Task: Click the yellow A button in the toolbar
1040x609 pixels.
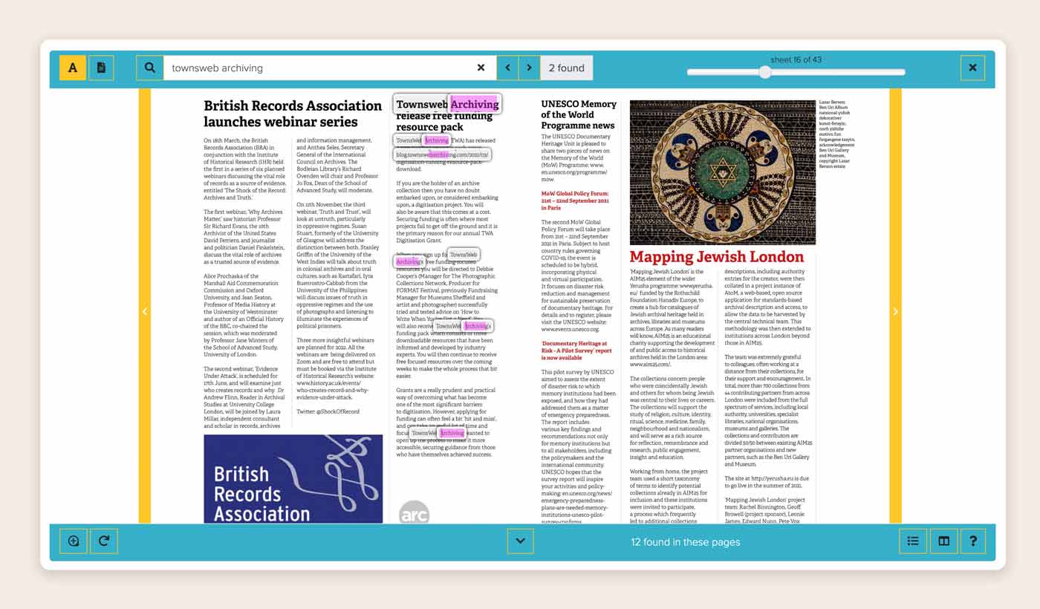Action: [x=73, y=68]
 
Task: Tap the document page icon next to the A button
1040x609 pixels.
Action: [x=101, y=68]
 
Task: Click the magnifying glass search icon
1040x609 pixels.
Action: [x=149, y=68]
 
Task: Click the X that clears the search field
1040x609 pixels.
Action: [x=481, y=68]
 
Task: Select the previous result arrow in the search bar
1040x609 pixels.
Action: [x=507, y=68]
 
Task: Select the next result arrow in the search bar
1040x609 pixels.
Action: [x=529, y=68]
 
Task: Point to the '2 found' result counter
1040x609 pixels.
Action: [x=567, y=68]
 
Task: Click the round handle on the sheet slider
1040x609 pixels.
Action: [x=765, y=72]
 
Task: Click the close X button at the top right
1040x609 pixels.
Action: [x=972, y=68]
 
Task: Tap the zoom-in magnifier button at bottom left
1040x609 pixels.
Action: [x=74, y=541]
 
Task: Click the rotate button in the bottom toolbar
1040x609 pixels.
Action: [x=104, y=541]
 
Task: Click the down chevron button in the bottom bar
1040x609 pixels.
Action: [x=520, y=541]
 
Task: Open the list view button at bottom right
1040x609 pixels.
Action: [x=913, y=541]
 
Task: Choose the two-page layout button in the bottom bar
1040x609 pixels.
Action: [x=943, y=541]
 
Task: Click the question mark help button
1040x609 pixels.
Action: [x=973, y=541]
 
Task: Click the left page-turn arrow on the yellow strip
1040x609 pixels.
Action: [x=145, y=311]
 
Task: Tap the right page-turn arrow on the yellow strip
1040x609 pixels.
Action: [x=895, y=311]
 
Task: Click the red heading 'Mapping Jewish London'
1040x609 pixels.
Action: [x=716, y=257]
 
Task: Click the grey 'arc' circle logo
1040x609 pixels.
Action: [x=414, y=513]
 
